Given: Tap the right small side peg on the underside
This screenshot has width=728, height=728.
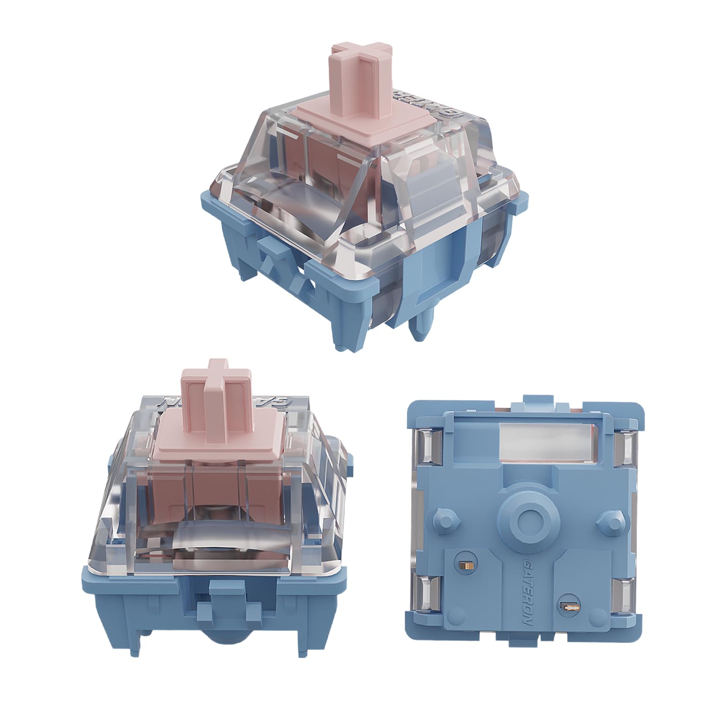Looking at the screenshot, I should coord(610,517).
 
